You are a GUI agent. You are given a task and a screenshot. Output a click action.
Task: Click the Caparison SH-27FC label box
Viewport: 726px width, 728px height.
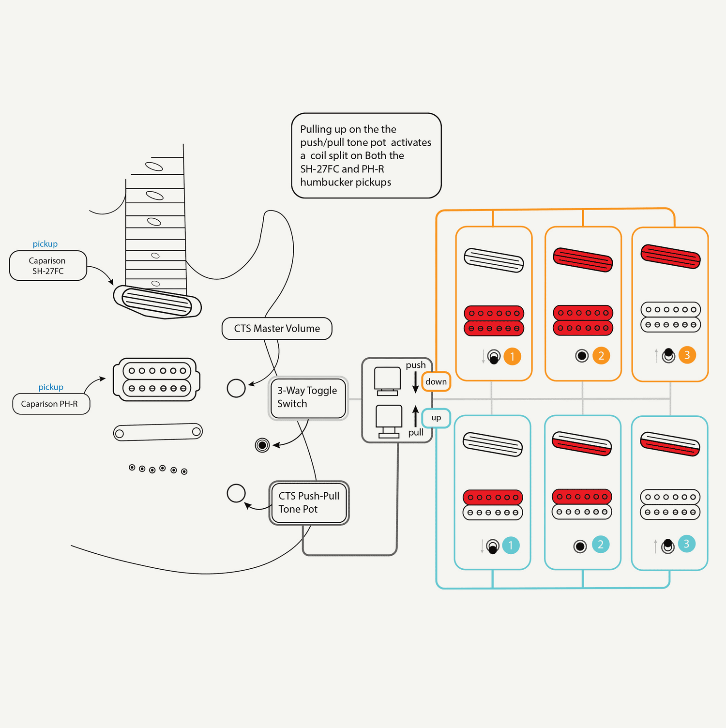48,266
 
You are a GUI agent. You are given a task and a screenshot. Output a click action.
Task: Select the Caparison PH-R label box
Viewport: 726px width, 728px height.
51,404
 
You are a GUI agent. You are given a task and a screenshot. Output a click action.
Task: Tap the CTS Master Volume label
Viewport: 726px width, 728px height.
277,329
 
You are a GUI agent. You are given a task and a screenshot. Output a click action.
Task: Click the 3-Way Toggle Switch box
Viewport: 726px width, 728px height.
308,397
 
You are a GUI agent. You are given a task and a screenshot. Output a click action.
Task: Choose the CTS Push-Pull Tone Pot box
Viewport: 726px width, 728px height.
309,503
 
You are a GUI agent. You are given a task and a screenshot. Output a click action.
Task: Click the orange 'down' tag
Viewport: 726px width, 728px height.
436,381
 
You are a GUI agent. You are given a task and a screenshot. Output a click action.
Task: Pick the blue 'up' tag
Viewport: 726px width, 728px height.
436,418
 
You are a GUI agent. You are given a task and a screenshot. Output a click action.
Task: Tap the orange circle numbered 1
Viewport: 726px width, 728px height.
512,357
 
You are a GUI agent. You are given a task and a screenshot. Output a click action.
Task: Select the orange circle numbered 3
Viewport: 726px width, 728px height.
687,355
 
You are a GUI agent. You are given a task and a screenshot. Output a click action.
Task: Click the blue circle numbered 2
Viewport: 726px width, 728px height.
601,545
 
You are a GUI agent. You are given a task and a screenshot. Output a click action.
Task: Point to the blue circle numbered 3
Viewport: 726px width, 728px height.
686,544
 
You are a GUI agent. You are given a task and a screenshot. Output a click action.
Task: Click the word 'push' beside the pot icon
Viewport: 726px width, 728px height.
416,365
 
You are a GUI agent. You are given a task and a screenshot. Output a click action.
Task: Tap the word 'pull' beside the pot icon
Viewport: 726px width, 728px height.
416,432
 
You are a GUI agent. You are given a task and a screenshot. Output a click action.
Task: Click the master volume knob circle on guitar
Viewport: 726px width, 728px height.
236,388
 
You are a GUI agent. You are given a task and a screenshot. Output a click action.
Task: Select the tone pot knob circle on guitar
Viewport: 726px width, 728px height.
236,493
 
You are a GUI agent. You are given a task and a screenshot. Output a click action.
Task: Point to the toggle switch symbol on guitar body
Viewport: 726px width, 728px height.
262,445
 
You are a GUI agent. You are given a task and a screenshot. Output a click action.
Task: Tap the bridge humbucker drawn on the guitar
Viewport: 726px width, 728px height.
156,379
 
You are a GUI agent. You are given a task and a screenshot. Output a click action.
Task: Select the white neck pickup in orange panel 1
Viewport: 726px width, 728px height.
494,260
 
